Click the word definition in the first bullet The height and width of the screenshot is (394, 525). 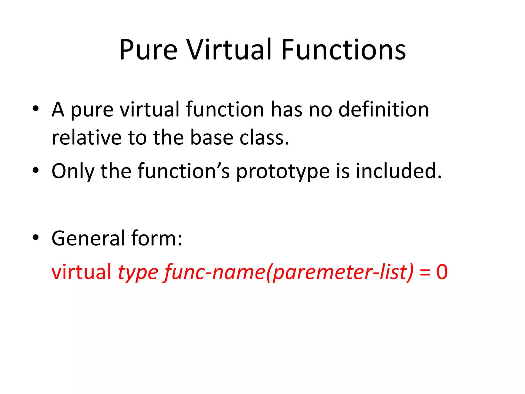[x=383, y=110]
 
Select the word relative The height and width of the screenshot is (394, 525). [x=86, y=137]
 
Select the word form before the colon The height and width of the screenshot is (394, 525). [x=154, y=238]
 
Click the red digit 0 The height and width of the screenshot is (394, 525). [x=442, y=272]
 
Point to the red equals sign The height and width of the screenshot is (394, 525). [x=425, y=272]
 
